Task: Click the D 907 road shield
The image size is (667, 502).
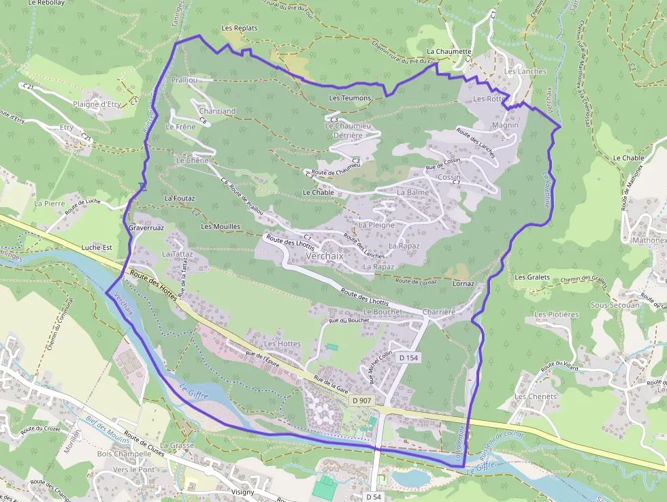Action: pos(362,402)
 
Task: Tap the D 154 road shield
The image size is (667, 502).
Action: pos(408,358)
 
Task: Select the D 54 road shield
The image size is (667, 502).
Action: pos(372,497)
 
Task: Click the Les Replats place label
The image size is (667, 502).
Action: pos(240,28)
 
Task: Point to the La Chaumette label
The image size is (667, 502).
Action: pos(449,51)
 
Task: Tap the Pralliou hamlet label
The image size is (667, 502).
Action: pos(184,80)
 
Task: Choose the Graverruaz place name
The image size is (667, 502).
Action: pos(146,228)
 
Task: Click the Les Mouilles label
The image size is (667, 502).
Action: pos(221,226)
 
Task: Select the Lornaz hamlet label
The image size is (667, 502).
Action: pos(463,283)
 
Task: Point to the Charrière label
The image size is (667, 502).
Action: pos(438,311)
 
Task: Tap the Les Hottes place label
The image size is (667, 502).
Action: pos(282,344)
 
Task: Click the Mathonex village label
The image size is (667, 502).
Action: pos(649,240)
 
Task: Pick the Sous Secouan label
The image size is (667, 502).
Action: pos(615,305)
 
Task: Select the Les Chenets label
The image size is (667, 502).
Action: pos(536,396)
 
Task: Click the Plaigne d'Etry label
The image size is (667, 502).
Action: pos(97,104)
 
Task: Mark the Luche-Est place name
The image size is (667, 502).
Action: pos(97,248)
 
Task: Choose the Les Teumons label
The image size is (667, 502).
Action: pos(350,98)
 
